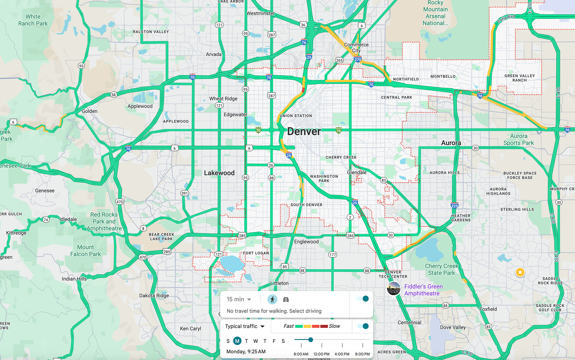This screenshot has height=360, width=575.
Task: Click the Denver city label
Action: click(x=304, y=132)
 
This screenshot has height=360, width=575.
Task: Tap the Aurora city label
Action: click(x=451, y=143)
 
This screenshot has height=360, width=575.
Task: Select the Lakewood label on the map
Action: click(x=219, y=173)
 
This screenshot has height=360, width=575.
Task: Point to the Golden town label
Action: click(x=89, y=111)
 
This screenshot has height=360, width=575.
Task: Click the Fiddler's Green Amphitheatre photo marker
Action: click(x=394, y=289)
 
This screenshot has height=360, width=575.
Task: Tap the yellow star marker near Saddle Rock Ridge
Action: click(x=520, y=273)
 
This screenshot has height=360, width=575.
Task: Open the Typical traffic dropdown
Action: click(x=245, y=326)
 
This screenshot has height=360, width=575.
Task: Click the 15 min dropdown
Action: click(x=239, y=299)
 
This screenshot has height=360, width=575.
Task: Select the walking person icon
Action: click(x=272, y=299)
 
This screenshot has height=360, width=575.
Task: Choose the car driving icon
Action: click(x=286, y=299)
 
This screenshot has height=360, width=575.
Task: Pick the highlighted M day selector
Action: click(x=237, y=341)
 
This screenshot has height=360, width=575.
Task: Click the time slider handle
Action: click(x=311, y=340)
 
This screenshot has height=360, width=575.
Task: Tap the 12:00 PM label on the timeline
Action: click(x=322, y=354)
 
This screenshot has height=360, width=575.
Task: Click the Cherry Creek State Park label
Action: click(x=442, y=269)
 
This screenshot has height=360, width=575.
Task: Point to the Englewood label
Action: click(x=307, y=242)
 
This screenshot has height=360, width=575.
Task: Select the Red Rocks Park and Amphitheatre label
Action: click(x=104, y=222)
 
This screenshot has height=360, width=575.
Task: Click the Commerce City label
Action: click(x=356, y=48)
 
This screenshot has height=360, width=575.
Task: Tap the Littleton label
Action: click(x=279, y=283)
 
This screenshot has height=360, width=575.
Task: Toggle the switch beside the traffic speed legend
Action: click(x=363, y=326)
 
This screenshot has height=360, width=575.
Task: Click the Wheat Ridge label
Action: click(x=223, y=99)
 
